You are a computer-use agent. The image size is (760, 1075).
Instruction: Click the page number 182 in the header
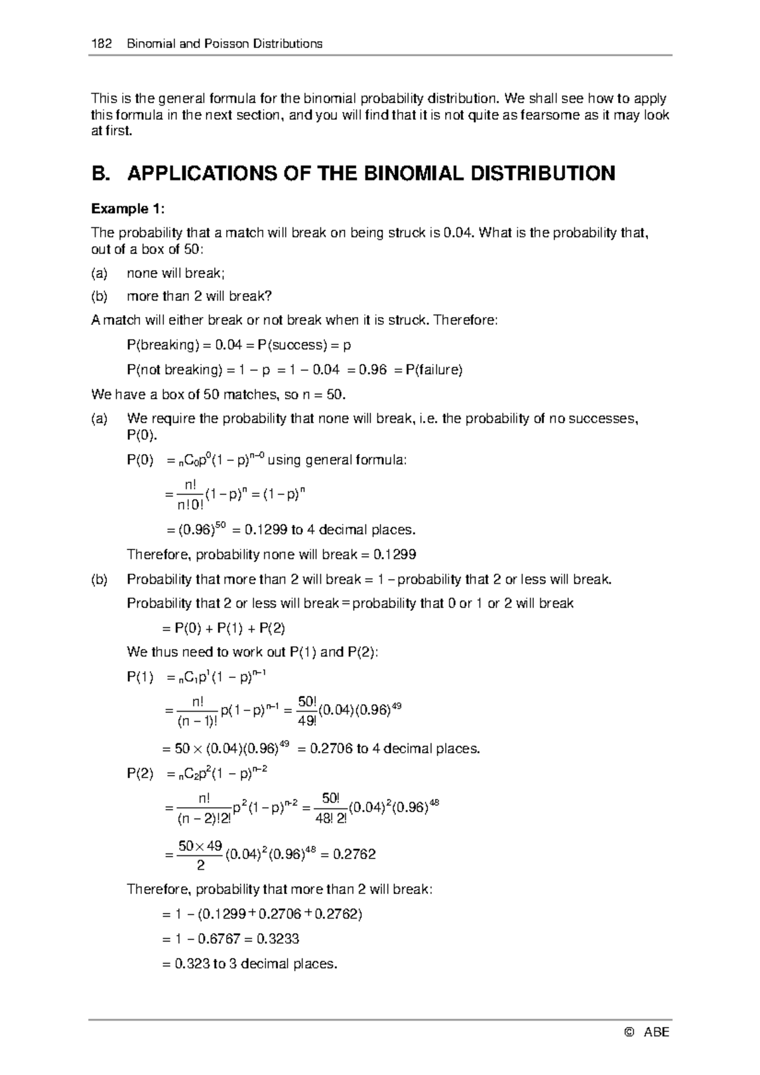pyautogui.click(x=102, y=44)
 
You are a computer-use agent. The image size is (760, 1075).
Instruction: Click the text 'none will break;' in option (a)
pyautogui.click(x=175, y=273)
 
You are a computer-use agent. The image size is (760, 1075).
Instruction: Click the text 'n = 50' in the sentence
pyautogui.click(x=324, y=394)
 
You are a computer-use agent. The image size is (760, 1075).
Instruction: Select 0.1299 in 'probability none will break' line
pyautogui.click(x=395, y=555)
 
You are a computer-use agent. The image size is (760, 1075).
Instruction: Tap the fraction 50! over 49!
pyautogui.click(x=307, y=710)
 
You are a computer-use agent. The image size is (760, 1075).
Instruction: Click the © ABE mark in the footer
pyautogui.click(x=647, y=1033)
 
